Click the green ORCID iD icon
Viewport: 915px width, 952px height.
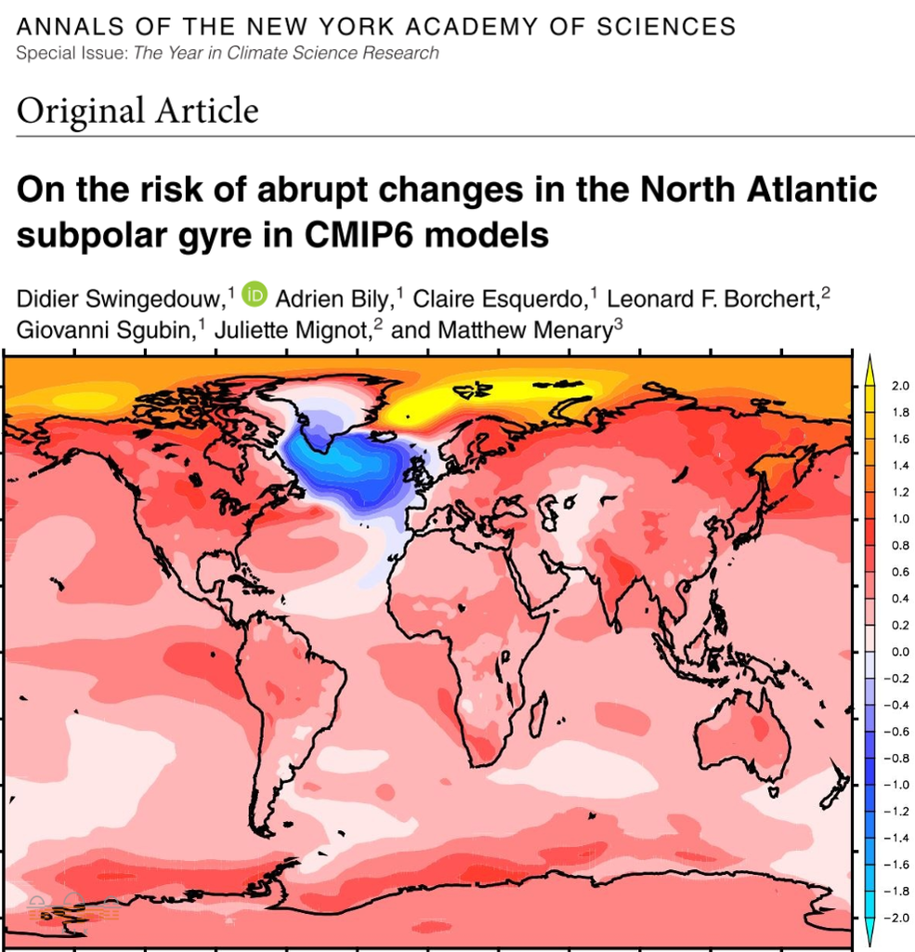255,296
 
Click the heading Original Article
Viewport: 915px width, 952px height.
137,112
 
